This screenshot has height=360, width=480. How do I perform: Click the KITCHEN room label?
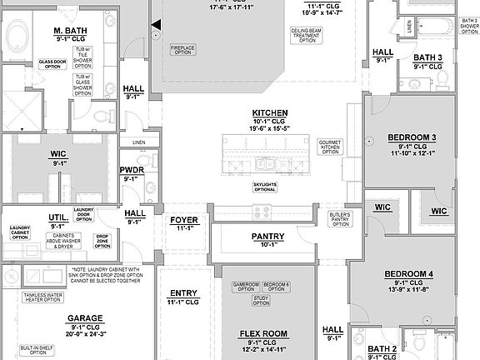(x=270, y=112)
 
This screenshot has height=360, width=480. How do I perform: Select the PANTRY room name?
(x=268, y=237)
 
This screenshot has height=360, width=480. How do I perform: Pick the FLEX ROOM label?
(x=263, y=333)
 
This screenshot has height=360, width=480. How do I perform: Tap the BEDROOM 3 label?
(x=412, y=137)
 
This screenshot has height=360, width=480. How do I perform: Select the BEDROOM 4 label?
(x=409, y=274)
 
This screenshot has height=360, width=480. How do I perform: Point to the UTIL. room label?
(x=57, y=216)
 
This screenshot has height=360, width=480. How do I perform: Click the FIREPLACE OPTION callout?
(x=182, y=49)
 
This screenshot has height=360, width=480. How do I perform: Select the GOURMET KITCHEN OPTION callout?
(x=330, y=147)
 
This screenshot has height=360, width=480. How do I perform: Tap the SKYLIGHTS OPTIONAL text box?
(x=265, y=185)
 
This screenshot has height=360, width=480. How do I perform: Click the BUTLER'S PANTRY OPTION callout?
(x=339, y=217)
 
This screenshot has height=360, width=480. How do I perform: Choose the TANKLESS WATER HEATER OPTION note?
(x=41, y=297)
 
